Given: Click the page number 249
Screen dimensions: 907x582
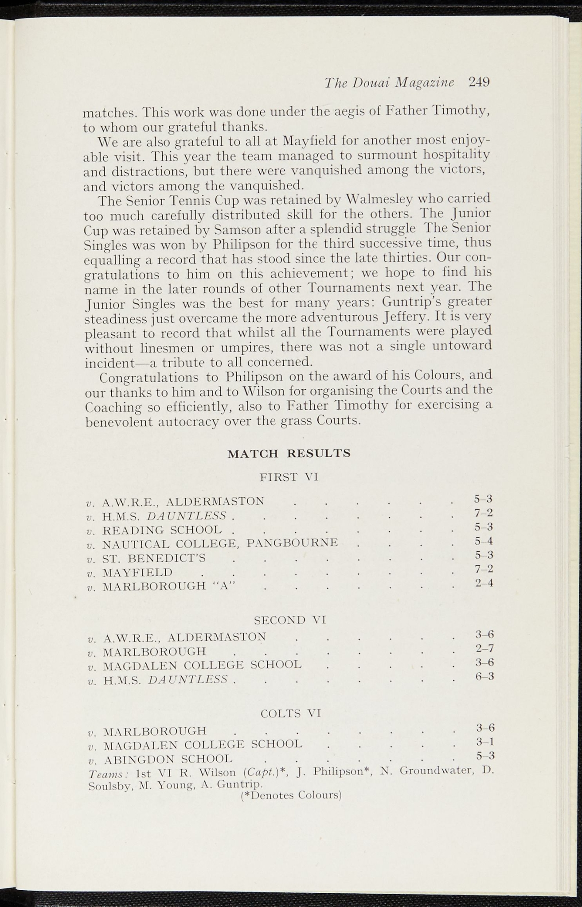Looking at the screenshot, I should click(478, 82).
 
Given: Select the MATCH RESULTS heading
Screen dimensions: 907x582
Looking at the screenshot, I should click(289, 453).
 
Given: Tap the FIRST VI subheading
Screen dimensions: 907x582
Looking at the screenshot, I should click(289, 477).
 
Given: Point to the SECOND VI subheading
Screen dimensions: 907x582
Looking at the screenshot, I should click(290, 620).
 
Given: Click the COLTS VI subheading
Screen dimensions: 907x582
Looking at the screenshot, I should click(290, 713).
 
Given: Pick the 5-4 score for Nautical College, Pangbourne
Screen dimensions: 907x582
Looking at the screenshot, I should click(484, 541).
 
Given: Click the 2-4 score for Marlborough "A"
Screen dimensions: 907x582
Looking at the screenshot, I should click(484, 583).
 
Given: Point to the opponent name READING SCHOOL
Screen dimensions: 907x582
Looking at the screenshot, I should click(162, 530).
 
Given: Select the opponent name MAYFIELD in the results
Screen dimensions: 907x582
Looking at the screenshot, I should click(137, 572).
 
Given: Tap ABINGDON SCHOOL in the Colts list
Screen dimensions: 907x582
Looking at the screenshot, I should click(168, 759).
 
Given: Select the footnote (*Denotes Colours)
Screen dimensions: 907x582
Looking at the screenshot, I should click(290, 795).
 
